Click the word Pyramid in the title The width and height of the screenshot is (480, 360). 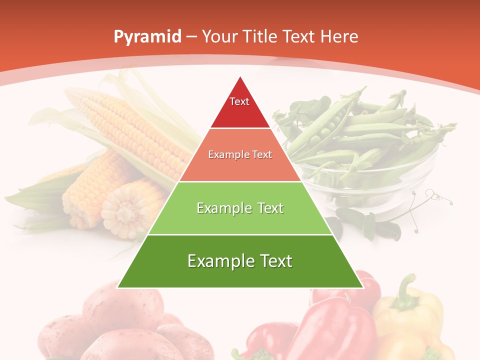[147, 37]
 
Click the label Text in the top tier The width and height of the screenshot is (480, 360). [239, 101]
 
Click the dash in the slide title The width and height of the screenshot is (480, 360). [191, 37]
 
